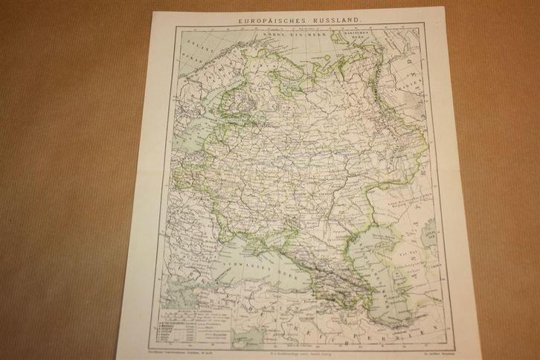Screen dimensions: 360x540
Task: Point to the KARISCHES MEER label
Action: [357, 34]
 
